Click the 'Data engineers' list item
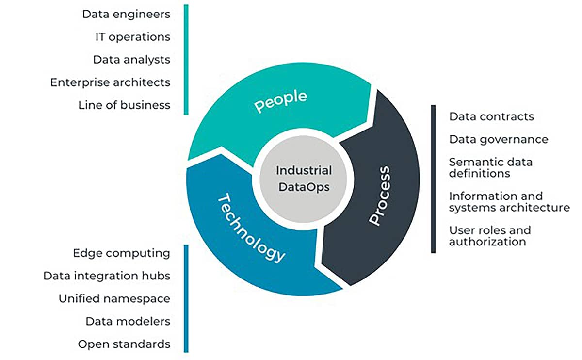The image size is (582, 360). coord(126,14)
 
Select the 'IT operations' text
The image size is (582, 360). coord(132,37)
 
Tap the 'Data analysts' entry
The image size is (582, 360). coord(131,60)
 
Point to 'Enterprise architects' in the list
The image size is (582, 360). coord(110,82)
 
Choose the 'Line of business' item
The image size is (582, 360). coord(124,105)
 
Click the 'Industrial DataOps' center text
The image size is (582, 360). coord(304,179)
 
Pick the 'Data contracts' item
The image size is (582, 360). coord(491,116)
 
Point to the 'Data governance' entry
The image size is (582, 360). coord(499,139)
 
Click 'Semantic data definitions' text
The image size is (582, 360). coord(490,167)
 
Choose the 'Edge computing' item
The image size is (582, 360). coord(121,253)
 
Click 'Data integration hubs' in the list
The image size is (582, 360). coord(107,276)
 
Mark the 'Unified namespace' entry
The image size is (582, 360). coord(114,298)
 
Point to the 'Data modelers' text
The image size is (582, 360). coord(128,321)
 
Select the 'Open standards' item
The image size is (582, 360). coord(124,344)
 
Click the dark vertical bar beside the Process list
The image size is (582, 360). coord(433,179)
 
